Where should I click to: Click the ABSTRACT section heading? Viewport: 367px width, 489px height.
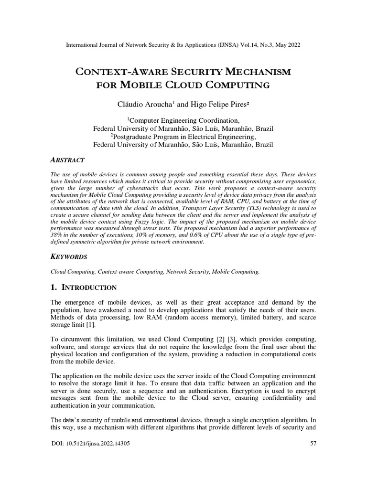(67, 159)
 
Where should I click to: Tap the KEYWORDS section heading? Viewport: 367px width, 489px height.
(69, 256)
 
